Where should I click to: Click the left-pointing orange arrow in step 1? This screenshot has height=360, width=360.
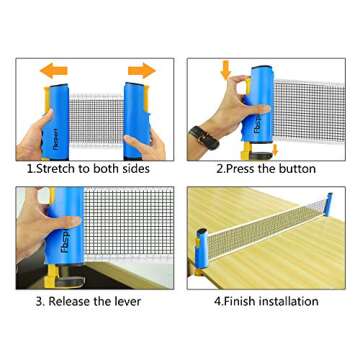click(x=54, y=71)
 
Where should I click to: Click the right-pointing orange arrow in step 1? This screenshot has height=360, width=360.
click(x=142, y=71)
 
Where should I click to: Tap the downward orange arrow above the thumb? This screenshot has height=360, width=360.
click(x=226, y=70)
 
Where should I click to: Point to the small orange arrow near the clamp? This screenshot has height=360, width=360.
click(x=275, y=150)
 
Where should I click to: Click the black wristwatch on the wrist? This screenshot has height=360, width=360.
click(x=204, y=137)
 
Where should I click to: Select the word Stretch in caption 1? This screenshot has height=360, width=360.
click(x=56, y=169)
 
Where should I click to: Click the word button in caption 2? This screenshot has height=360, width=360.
click(x=295, y=169)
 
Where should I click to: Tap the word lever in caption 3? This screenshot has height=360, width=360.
click(x=127, y=302)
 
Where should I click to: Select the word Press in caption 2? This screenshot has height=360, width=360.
click(x=239, y=169)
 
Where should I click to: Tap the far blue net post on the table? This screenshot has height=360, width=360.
click(x=328, y=204)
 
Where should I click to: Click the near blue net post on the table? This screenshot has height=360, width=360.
click(x=201, y=248)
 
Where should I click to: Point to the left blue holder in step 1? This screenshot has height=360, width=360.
click(x=56, y=122)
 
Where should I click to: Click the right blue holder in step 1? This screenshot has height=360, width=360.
click(x=137, y=121)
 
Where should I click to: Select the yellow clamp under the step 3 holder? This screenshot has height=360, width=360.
click(x=52, y=274)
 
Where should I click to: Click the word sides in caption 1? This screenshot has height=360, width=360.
click(x=134, y=169)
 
